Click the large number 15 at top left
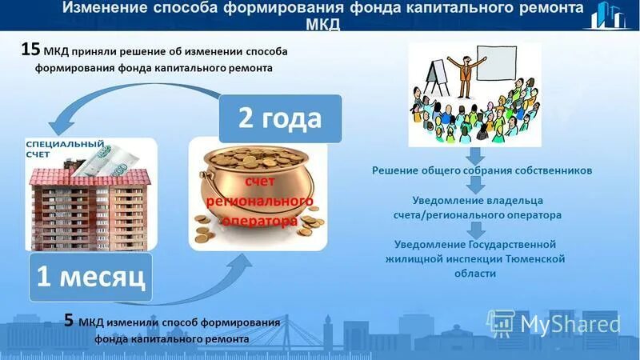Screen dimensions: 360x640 30,50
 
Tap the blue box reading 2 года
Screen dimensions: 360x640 280,119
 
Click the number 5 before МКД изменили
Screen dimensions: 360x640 70,322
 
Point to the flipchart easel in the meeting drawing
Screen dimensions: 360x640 435,76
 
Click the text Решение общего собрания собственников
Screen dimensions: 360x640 482,170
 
